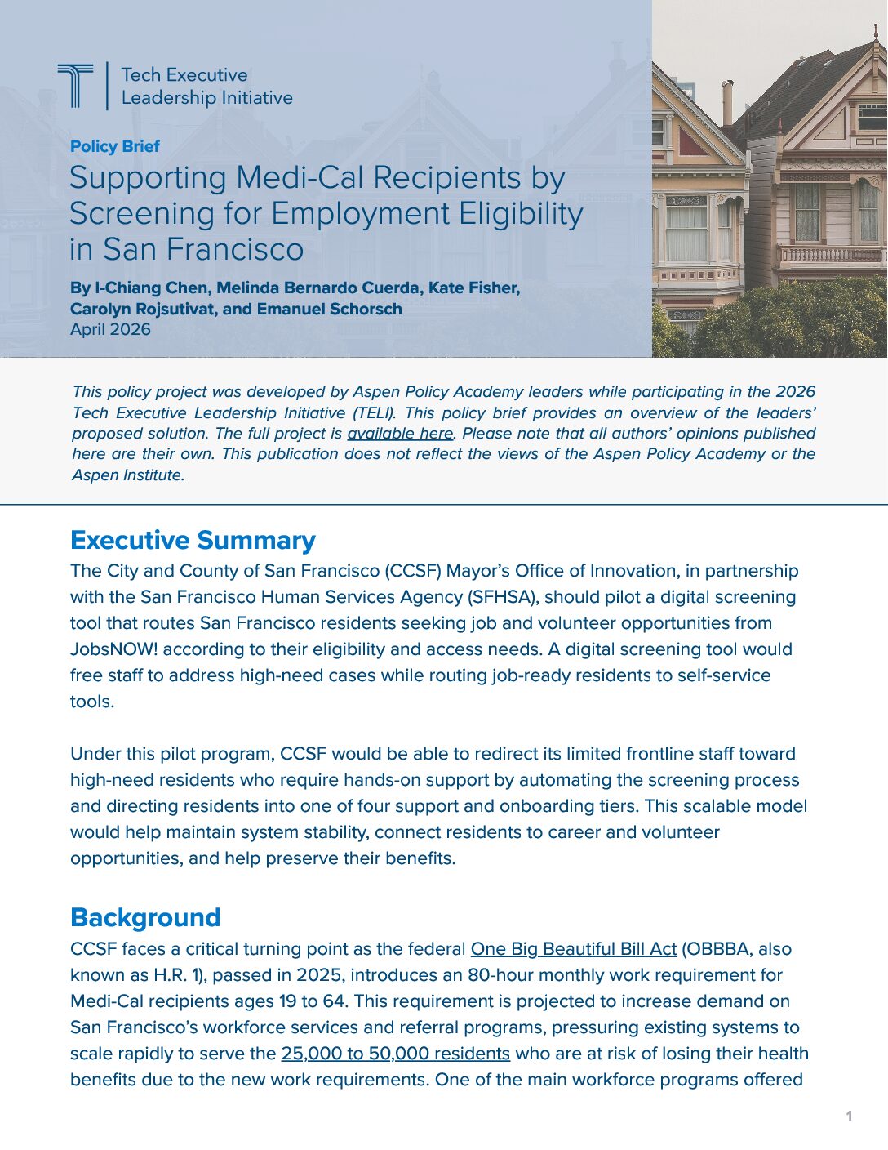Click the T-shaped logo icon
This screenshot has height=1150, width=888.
pos(75,85)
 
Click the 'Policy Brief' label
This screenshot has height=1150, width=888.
pos(114,146)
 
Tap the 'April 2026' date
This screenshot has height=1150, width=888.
pos(110,329)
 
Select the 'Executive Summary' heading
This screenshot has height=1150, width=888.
pos(193,540)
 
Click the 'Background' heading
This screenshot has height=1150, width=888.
pos(145,917)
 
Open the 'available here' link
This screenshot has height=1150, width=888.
pos(400,434)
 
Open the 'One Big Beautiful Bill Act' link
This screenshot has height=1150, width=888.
pos(573,949)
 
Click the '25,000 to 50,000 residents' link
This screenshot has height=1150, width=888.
pos(395,1054)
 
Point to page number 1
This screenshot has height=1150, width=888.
pos(849,1116)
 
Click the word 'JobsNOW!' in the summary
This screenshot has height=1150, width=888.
pos(109,649)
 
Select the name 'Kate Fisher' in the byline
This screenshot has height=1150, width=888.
pos(473,287)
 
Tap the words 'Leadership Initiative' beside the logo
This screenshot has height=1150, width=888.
pos(206,98)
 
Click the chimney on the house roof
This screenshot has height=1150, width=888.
pos(727,103)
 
